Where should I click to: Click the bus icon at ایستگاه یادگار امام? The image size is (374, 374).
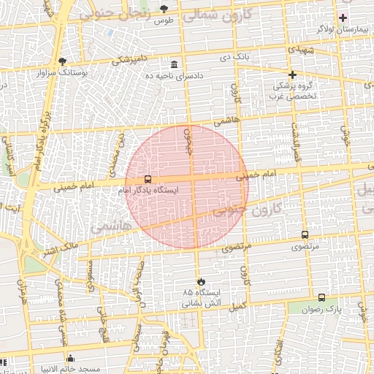pos(148,179)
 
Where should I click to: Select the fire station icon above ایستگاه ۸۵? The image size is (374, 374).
pos(200,281)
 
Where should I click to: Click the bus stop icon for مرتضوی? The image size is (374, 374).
pos(305,235)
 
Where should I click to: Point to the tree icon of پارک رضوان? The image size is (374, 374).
pos(322,298)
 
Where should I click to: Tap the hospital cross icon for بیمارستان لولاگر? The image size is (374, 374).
pos(343,17)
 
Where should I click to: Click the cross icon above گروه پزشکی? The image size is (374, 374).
pos(292,75)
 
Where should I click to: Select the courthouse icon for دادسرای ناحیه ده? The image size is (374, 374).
pos(173,64)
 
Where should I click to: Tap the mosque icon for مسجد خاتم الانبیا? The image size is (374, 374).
pos(70,358)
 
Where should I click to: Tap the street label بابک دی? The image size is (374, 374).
pos(235,56)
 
